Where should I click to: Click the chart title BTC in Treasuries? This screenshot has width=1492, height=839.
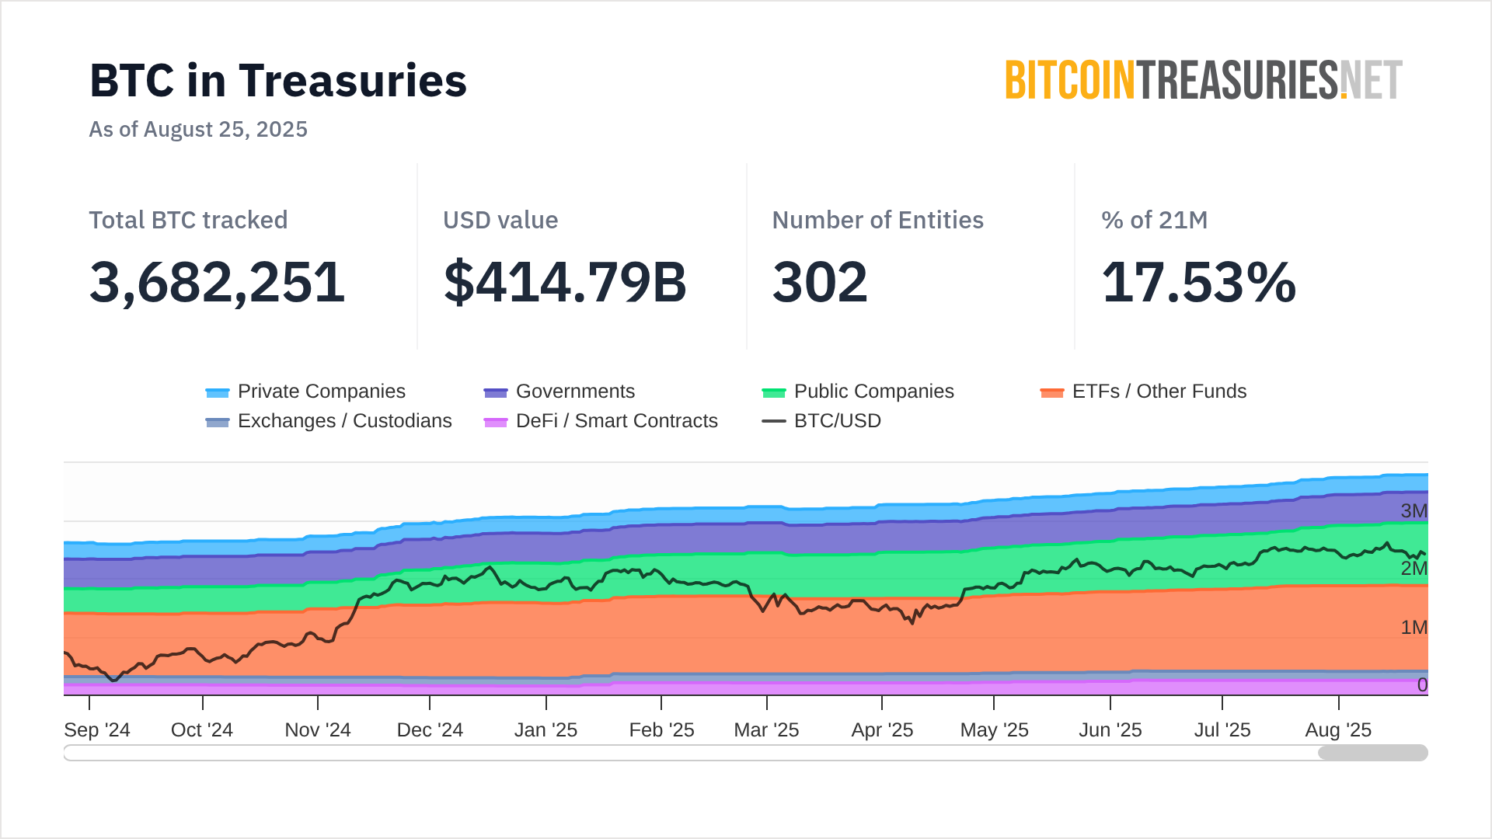tap(278, 81)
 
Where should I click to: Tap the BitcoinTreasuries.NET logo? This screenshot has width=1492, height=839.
tap(1204, 81)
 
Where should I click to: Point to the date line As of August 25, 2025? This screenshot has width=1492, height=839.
tap(198, 129)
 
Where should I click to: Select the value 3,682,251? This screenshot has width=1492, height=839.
tap(217, 282)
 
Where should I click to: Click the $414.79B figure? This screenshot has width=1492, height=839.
tap(565, 282)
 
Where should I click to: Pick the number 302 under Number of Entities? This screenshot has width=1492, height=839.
tap(820, 282)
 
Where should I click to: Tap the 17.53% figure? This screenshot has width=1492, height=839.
tap(1198, 282)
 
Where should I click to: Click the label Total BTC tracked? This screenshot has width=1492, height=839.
tap(188, 220)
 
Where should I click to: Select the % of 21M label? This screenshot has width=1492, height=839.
tap(1154, 220)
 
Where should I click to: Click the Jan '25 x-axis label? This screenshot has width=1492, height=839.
tap(546, 730)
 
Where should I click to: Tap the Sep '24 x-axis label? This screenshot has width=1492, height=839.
tap(97, 730)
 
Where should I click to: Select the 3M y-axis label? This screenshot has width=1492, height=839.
tap(1414, 511)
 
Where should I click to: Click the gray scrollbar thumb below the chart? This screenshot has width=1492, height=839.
tap(1372, 753)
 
